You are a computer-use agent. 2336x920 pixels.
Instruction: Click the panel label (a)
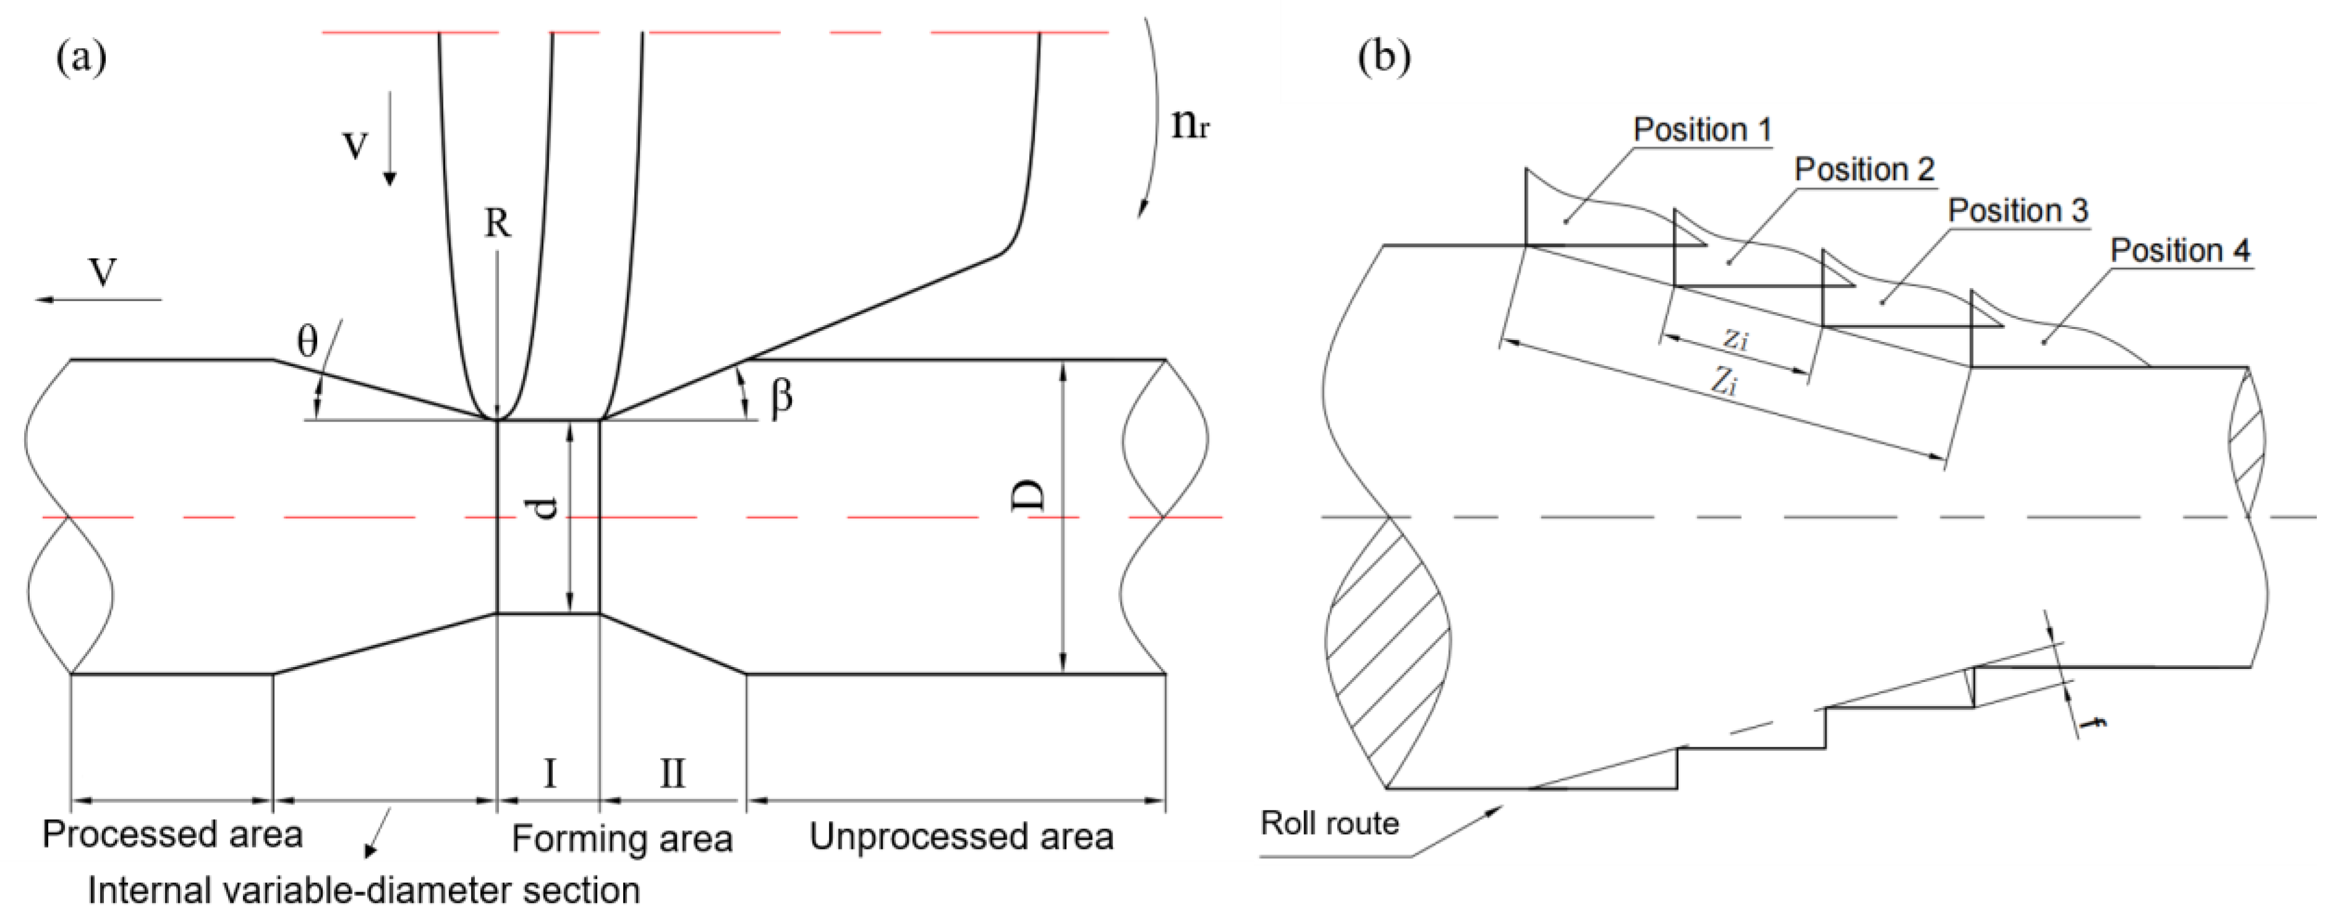pos(82,59)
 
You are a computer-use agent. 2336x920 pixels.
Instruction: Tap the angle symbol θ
pos(307,342)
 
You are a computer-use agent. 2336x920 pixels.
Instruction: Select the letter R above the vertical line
pos(497,223)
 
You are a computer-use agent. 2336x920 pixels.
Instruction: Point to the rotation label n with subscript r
pos(1189,124)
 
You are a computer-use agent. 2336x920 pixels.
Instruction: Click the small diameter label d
pos(544,510)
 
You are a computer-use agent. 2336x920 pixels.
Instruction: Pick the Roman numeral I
pos(549,774)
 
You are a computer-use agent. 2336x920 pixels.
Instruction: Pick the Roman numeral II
pos(672,774)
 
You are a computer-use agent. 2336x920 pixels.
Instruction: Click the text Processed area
pos(172,835)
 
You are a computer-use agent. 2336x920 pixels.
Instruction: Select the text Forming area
pos(622,839)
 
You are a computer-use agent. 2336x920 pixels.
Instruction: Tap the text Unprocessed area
pos(961,837)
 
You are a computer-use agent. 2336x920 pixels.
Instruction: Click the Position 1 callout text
pos(1702,130)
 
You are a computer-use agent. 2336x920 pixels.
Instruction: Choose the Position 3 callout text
pos(2018,210)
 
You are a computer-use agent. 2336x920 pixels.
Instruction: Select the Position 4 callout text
pos(2180,250)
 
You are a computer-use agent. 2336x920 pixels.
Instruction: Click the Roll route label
pos(1330,824)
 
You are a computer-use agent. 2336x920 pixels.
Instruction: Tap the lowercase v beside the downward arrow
pos(355,145)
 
